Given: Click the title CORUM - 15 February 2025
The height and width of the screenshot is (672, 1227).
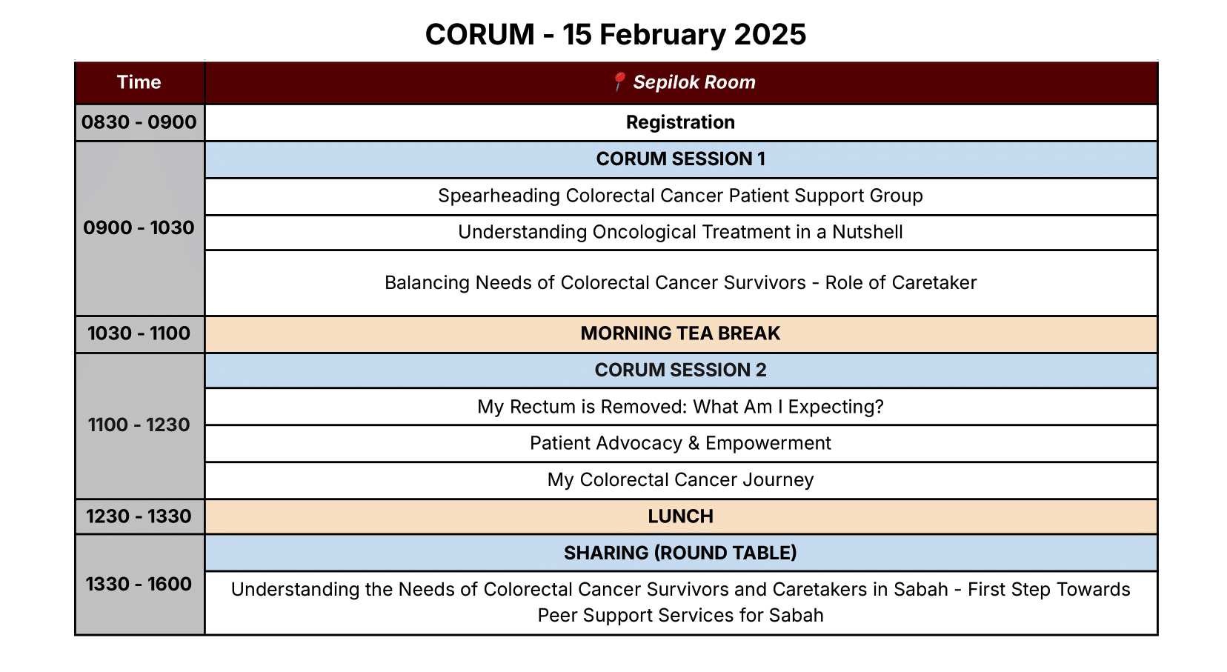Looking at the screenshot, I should (x=615, y=35).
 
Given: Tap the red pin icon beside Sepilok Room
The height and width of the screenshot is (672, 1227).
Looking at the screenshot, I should (x=619, y=81).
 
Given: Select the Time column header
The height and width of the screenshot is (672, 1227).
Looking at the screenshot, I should (x=139, y=82).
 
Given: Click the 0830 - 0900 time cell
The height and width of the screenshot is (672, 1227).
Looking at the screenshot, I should (x=139, y=122).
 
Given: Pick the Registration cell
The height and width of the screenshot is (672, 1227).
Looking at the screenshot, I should (x=680, y=122).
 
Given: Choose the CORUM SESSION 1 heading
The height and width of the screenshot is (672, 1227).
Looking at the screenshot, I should (x=680, y=159).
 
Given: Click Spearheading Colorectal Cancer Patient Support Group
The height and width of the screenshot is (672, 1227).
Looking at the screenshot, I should (x=680, y=196).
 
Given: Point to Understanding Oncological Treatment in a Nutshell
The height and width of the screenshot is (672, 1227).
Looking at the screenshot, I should (x=680, y=232).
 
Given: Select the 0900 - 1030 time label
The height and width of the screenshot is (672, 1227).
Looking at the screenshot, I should (x=139, y=227).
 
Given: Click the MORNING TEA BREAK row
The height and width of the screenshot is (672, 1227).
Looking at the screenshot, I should (x=680, y=333).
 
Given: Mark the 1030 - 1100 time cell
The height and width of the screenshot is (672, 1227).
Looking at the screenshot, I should (x=139, y=333).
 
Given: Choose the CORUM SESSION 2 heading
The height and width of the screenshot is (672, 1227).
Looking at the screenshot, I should (x=680, y=370).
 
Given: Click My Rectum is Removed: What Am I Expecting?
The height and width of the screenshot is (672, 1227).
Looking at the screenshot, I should (x=680, y=407).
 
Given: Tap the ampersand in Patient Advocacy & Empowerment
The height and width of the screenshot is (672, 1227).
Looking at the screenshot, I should (x=694, y=443).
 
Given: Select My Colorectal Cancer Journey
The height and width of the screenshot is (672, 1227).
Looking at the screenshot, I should (x=680, y=480).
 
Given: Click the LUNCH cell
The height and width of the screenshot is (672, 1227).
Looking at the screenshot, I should (x=680, y=516).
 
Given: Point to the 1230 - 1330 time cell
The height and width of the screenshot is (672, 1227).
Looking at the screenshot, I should (x=139, y=516).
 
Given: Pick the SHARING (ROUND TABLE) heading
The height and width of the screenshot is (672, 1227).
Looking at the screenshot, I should (x=680, y=553).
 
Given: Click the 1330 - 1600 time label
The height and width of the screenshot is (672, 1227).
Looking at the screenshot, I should (x=139, y=584).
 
